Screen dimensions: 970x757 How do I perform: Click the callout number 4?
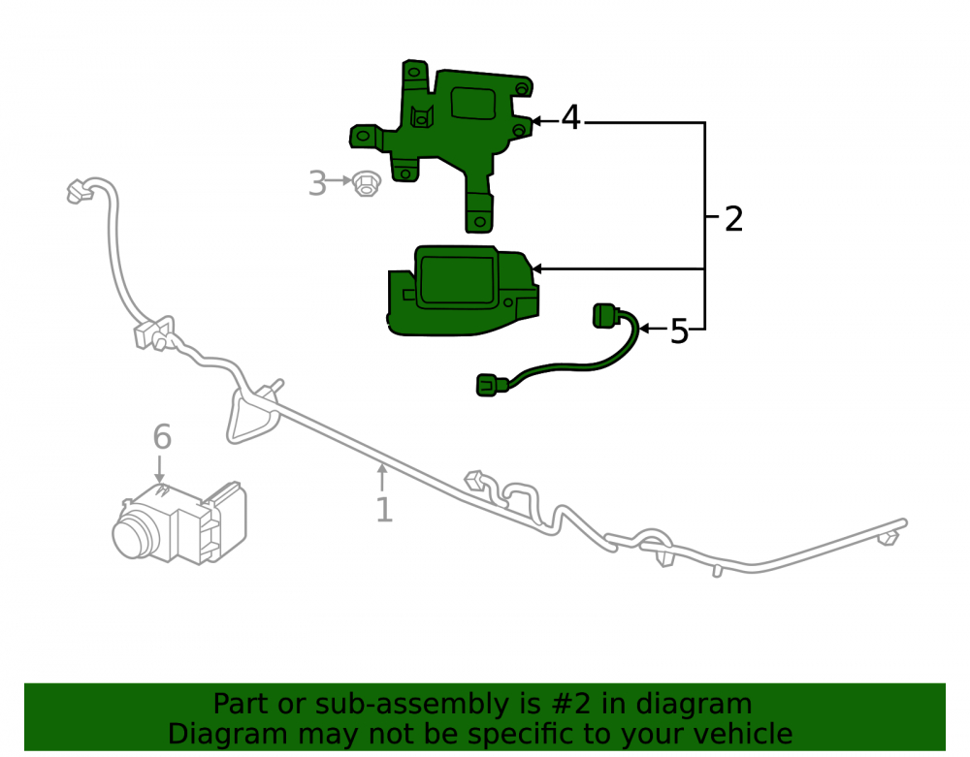[571, 117]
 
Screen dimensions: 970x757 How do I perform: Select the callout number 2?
[733, 219]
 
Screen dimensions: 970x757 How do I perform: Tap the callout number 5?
[679, 331]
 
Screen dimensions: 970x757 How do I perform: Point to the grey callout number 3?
[317, 183]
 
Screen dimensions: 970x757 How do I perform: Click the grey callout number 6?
[162, 437]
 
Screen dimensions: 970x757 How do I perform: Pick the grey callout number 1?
[384, 510]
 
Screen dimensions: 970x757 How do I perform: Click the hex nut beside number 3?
[366, 183]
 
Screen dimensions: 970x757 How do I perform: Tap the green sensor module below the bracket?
[463, 291]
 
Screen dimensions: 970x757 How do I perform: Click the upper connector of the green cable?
[606, 315]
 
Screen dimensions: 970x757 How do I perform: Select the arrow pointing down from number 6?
[160, 469]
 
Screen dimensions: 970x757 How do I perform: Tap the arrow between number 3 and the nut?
[339, 180]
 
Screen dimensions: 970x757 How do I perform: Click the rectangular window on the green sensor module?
[457, 280]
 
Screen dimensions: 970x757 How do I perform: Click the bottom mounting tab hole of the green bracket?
[479, 221]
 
